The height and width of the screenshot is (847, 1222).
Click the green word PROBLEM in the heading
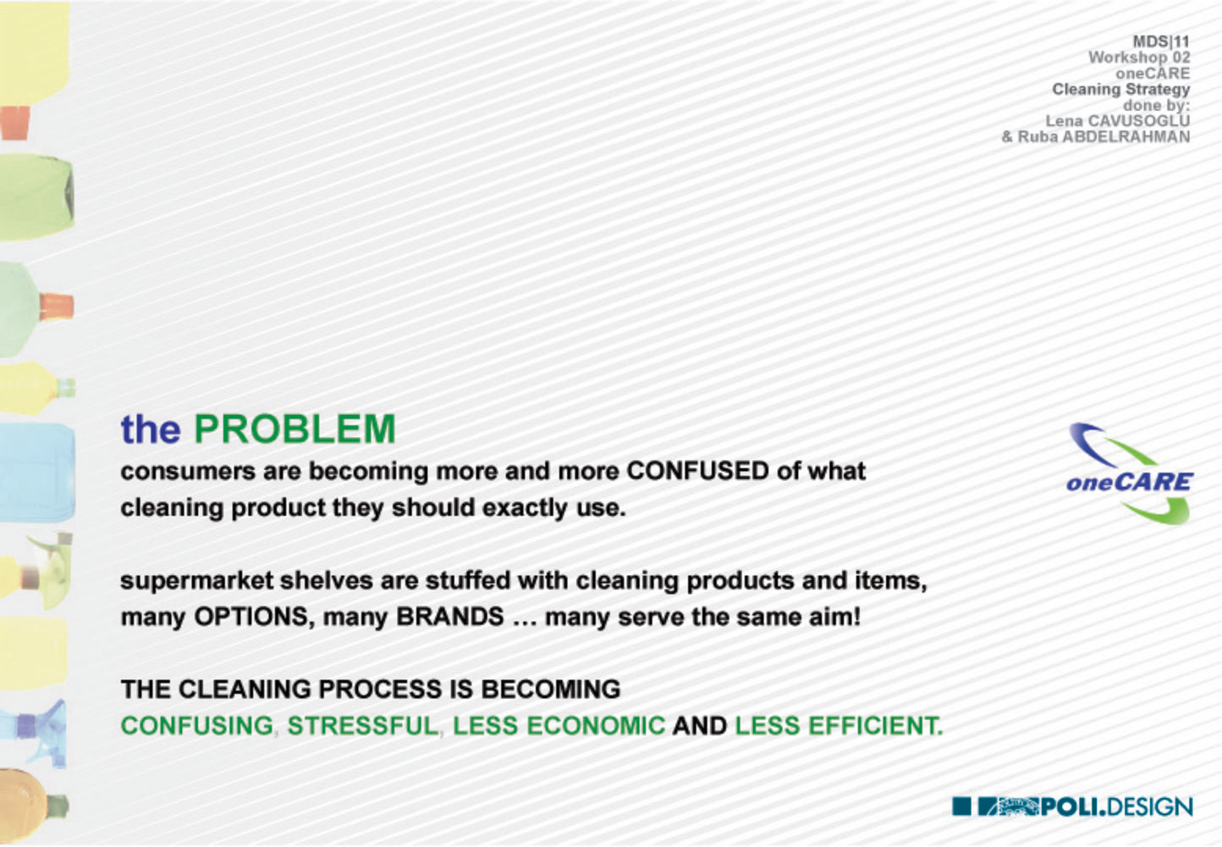click(x=294, y=429)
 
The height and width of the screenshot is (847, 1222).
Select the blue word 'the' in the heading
click(x=151, y=429)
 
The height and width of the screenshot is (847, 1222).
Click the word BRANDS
click(x=450, y=617)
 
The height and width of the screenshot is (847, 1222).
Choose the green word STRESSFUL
click(x=363, y=726)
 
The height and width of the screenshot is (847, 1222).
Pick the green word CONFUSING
click(x=197, y=726)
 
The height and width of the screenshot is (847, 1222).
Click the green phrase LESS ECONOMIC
click(x=559, y=726)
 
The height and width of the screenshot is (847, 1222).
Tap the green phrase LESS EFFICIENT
click(x=839, y=726)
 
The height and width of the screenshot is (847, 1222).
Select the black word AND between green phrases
click(x=700, y=726)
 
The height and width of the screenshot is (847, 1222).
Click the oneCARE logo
click(x=1130, y=473)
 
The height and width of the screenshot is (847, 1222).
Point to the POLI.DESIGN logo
click(x=1072, y=806)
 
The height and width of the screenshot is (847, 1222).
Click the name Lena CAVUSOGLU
click(x=1118, y=120)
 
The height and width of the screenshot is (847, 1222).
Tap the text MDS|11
click(x=1161, y=42)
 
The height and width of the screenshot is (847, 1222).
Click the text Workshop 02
click(x=1140, y=58)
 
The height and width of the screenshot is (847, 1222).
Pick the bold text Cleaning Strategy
click(x=1121, y=89)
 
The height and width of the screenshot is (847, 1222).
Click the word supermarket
click(x=197, y=580)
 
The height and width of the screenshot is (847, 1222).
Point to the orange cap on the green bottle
click(x=56, y=307)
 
